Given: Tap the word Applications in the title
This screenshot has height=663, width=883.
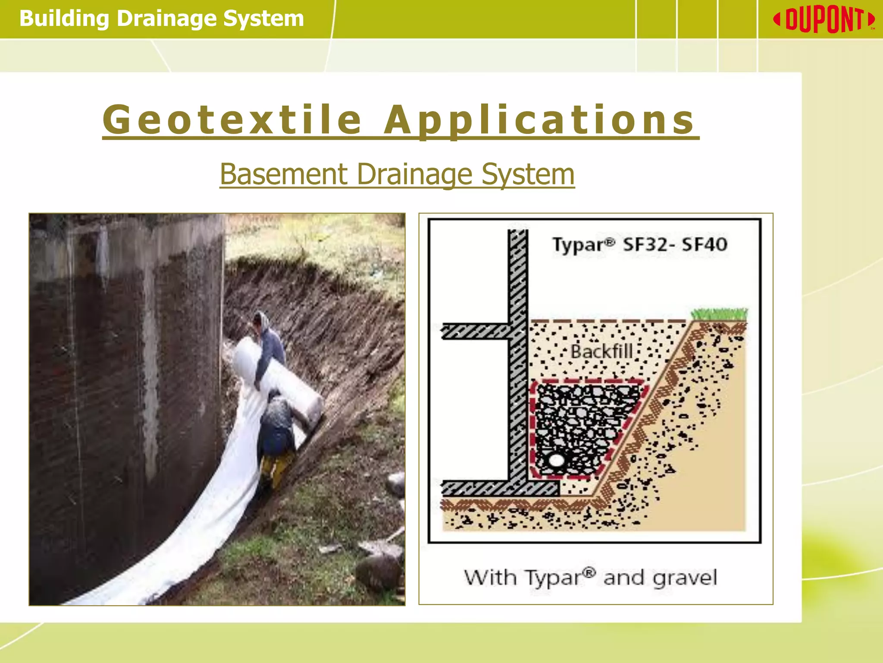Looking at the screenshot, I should click(539, 120).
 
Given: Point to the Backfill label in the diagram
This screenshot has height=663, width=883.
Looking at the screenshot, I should click(602, 351).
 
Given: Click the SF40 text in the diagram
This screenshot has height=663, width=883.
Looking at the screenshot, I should click(704, 245).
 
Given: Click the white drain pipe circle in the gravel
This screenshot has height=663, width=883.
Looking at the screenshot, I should click(556, 460).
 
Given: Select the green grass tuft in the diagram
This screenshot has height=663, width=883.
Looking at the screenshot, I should click(719, 314).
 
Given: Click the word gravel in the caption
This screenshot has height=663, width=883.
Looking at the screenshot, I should click(685, 578).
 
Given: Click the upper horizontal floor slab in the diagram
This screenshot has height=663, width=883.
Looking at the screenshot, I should click(474, 331).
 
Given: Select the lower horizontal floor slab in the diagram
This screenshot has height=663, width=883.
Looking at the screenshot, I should click(496, 488).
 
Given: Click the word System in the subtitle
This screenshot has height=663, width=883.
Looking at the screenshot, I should click(528, 174).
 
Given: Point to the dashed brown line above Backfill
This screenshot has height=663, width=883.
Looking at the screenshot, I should click(608, 321).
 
